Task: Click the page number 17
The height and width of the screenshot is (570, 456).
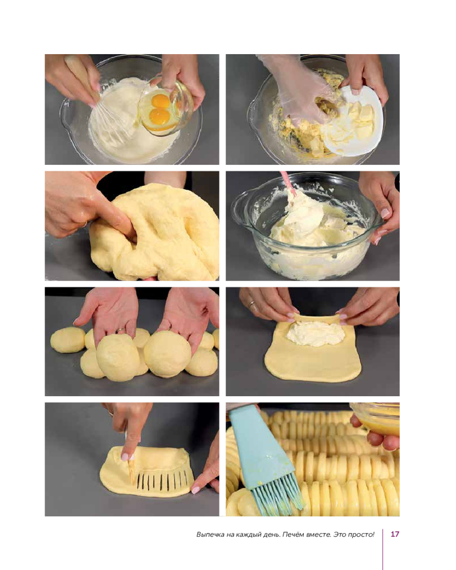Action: point(395,534)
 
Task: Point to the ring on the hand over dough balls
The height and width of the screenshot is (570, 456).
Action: point(121,331)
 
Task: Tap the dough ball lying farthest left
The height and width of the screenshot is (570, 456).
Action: point(68,340)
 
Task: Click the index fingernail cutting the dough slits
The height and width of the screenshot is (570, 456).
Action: point(125,457)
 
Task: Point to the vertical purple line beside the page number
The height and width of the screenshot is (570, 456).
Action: point(383,549)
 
